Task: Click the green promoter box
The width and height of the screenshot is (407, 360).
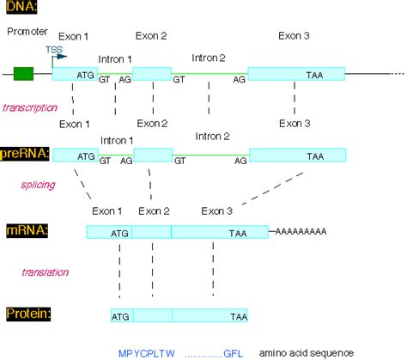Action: pos(23,74)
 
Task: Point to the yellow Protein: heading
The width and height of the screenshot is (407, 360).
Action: pos(27,314)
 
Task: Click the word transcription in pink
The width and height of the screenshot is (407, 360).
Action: pos(30,107)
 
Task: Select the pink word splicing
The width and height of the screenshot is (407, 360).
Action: pos(38,184)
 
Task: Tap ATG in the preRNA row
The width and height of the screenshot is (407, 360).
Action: pos(87,156)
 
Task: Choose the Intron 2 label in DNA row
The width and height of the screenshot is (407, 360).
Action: pos(210,58)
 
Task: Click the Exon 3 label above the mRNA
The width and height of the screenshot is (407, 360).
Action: pos(217,211)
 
